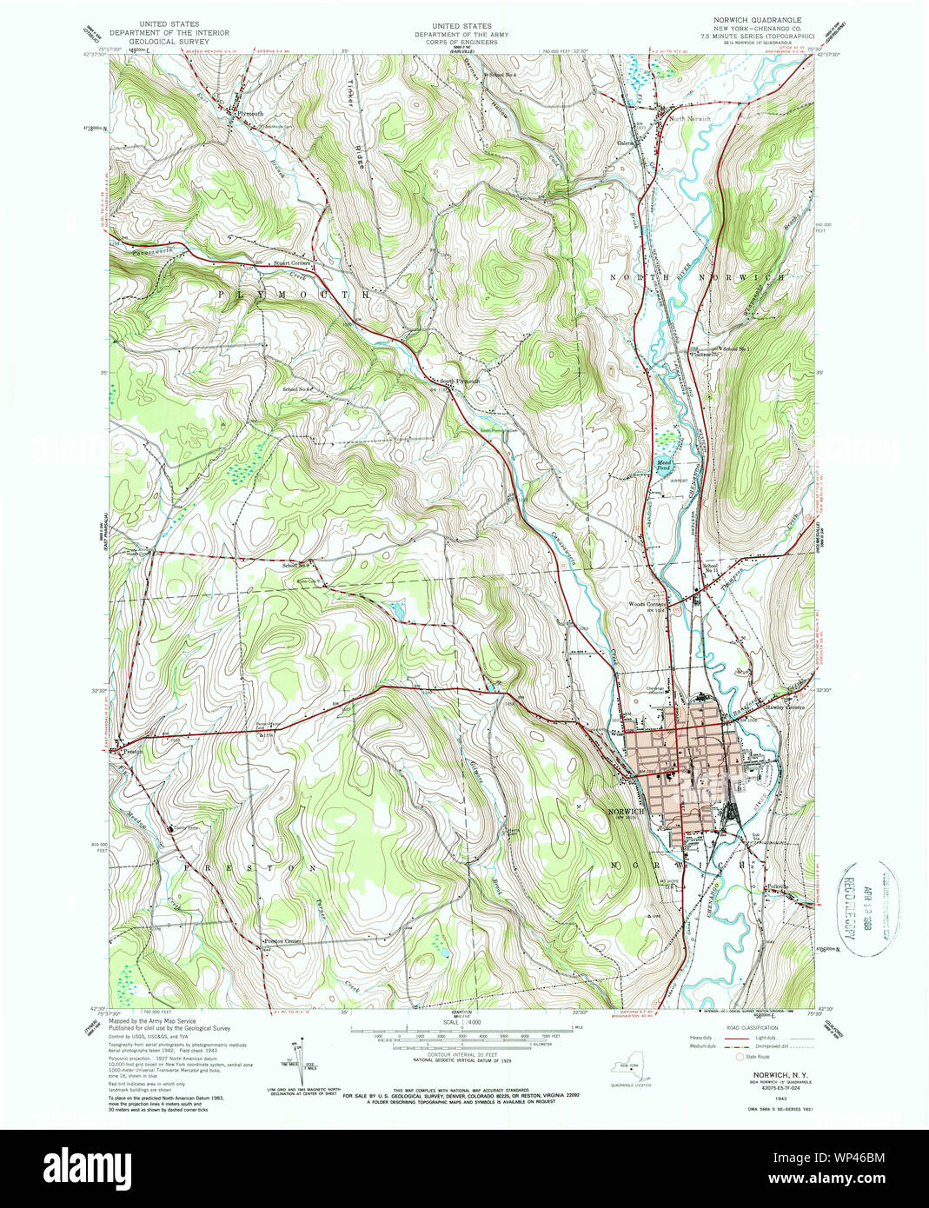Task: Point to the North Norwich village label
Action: pyautogui.click(x=691, y=118)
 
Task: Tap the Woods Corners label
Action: pyautogui.click(x=647, y=604)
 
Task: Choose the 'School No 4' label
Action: pyautogui.click(x=503, y=76)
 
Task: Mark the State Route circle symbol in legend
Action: pyautogui.click(x=740, y=1058)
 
